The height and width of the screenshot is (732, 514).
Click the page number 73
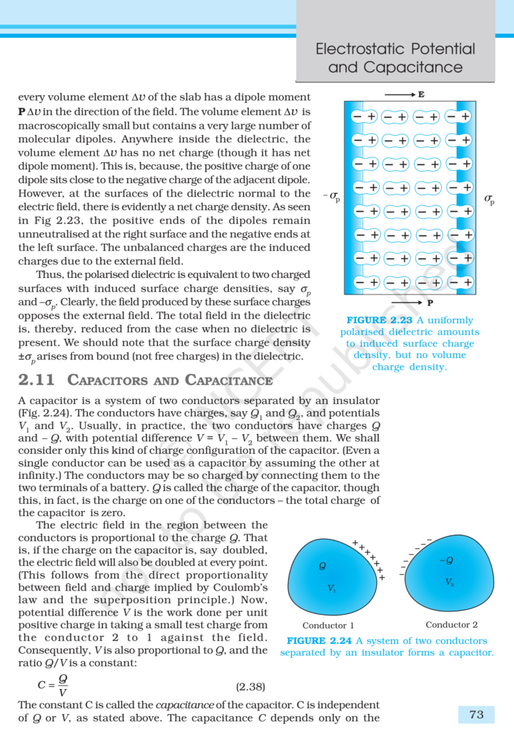(476, 714)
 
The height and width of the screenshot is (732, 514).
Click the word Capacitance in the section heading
(228, 380)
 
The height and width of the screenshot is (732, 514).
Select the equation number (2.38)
(251, 687)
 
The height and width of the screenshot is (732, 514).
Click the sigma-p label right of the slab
(489, 199)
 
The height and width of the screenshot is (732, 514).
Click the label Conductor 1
(328, 625)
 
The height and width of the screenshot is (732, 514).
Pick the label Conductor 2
(452, 625)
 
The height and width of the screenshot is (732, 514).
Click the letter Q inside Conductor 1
(322, 566)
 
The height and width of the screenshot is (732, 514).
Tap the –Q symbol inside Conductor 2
(448, 560)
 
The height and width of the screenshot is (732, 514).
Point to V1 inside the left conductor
(332, 588)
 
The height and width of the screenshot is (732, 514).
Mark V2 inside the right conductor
(450, 582)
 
